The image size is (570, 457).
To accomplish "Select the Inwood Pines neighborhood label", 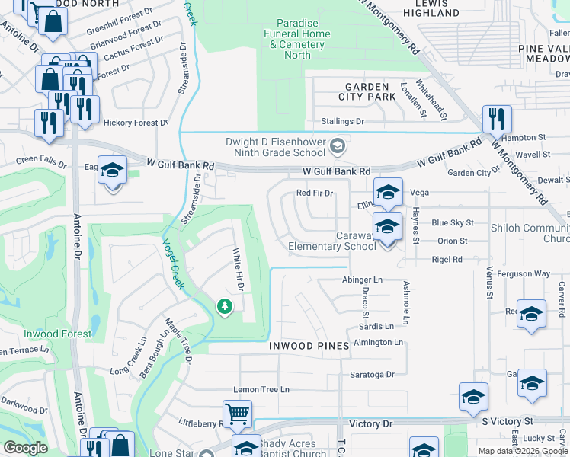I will coord(309,346).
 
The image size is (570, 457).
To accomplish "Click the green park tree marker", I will coord(224,306).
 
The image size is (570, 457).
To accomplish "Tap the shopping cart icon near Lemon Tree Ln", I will coord(238,414).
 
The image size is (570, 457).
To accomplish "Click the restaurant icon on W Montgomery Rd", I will coord(497,120).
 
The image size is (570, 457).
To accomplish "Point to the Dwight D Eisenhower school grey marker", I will coord(337,144).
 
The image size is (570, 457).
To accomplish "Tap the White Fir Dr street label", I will coord(237,270).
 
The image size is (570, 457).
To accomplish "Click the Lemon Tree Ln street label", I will coord(261,389).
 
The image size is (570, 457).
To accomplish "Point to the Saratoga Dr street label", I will coord(372,374).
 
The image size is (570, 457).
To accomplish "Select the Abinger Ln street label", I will coord(362,280).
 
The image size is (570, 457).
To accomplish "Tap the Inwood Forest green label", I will coord(57,334).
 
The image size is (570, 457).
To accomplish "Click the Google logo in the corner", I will coord(25,448).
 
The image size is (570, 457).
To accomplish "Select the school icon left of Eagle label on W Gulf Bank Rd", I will coord(112,171).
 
